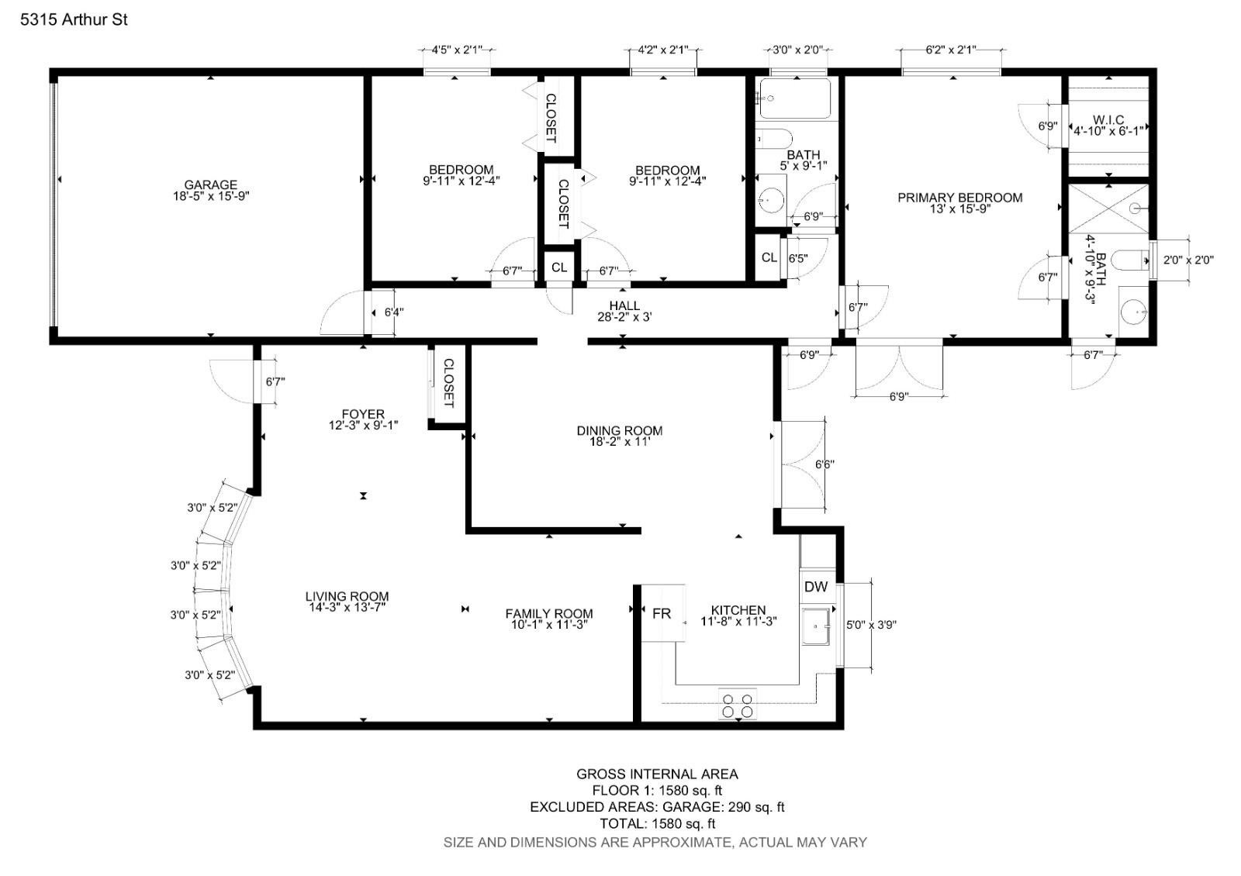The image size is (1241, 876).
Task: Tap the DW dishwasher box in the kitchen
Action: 816,587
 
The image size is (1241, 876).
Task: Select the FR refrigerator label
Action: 661,613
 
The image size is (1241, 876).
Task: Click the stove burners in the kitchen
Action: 738,705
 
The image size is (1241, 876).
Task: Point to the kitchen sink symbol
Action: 816,626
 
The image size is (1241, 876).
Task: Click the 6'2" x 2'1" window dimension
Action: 950,50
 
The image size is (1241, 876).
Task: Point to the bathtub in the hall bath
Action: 795,98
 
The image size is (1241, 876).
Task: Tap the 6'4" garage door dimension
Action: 394,312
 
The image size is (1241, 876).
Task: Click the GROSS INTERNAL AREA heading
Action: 657,774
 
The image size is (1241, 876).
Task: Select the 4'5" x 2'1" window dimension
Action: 457,50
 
